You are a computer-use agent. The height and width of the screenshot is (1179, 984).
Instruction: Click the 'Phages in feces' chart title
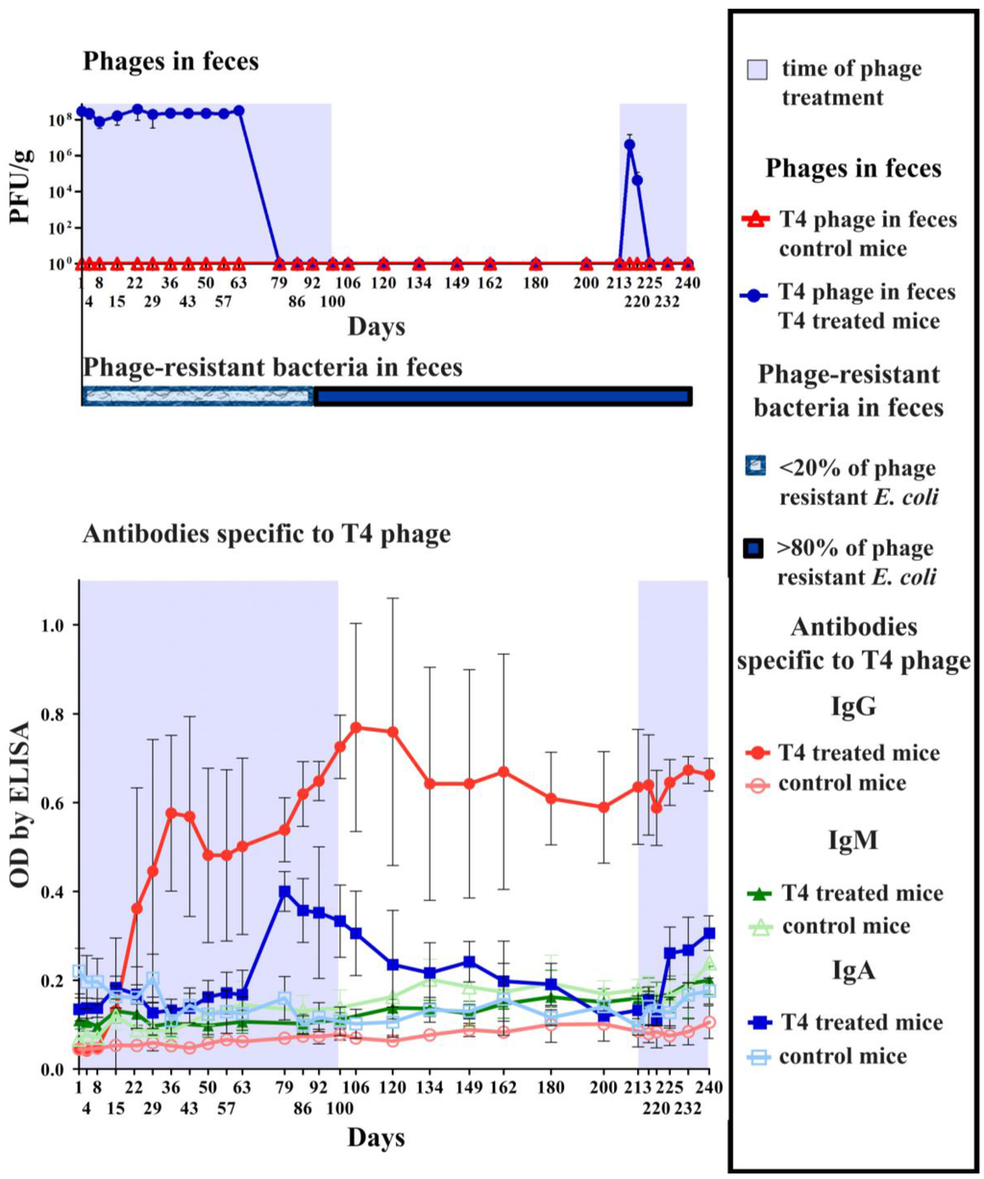(x=170, y=63)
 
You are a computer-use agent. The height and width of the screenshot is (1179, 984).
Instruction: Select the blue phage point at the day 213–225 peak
(x=629, y=145)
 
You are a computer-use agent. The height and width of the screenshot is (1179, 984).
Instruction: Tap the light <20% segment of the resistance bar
(x=197, y=396)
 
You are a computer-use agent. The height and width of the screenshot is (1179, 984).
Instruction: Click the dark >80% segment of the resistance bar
(x=503, y=396)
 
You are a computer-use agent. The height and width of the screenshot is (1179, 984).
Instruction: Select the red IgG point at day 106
(x=356, y=728)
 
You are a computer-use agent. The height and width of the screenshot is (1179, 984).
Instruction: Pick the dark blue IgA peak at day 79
(x=284, y=891)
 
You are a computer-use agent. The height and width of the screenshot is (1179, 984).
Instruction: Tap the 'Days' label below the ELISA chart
(x=376, y=1139)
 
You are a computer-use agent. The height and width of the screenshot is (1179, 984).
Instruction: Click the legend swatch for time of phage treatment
(x=757, y=69)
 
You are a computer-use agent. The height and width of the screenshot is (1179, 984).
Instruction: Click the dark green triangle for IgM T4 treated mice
(x=759, y=893)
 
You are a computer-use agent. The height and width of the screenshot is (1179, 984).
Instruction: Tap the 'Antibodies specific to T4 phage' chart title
(x=266, y=534)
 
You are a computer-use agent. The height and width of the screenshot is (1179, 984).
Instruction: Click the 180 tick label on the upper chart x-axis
(x=535, y=283)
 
